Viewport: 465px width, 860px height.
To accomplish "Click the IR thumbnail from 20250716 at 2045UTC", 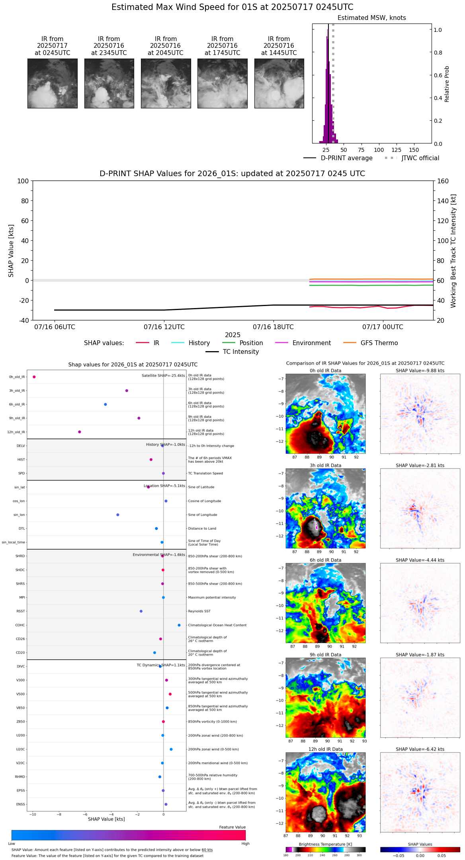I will click(x=166, y=83).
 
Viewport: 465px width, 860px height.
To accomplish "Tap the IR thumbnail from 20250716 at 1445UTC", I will click(x=279, y=83).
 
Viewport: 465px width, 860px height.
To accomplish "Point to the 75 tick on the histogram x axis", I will click(x=361, y=150).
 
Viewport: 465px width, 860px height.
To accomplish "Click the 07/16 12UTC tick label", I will click(x=164, y=327).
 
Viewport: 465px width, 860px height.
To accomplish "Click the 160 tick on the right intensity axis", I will click(x=443, y=181).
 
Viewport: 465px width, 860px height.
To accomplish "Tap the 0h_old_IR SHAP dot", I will click(x=34, y=377).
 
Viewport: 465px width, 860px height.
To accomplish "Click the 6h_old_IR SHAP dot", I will click(x=106, y=404).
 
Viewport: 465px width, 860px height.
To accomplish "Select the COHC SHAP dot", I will click(x=179, y=625).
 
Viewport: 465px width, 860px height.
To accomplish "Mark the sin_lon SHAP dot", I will click(x=118, y=515).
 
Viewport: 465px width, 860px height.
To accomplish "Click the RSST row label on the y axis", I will click(x=21, y=611).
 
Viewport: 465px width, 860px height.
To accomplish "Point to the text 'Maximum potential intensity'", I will click(x=212, y=598).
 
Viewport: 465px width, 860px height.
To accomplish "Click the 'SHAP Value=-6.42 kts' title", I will click(x=420, y=749).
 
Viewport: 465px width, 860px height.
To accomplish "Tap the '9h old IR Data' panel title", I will click(x=325, y=655).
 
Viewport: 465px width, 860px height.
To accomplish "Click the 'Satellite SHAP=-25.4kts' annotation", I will click(x=163, y=376).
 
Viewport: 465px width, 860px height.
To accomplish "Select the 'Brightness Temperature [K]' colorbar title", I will click(x=325, y=844).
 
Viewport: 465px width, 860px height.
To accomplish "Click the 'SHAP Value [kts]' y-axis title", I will click(x=11, y=251).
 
